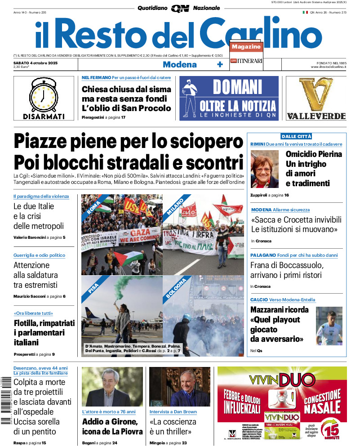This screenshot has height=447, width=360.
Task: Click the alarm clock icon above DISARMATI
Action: (44, 94)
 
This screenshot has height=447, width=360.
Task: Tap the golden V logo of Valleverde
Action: (316, 94)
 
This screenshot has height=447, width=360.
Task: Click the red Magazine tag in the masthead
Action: (246, 47)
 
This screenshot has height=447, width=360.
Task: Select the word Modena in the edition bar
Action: (179, 64)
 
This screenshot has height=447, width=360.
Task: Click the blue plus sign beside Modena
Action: (220, 64)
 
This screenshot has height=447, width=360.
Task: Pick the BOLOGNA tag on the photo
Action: (176, 289)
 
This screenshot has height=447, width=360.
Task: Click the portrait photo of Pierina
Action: (265, 169)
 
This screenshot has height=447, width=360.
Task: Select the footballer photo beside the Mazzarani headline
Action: (329, 326)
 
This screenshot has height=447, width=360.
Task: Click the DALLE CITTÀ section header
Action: (296, 136)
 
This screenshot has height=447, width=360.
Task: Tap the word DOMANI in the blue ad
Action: (237, 87)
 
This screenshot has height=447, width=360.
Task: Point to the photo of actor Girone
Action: (112, 387)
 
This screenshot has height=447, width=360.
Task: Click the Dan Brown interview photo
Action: (179, 387)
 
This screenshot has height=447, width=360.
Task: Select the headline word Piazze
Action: (45, 142)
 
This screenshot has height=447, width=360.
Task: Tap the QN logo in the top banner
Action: (180, 8)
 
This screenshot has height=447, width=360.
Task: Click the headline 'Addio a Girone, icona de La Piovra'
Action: (112, 426)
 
